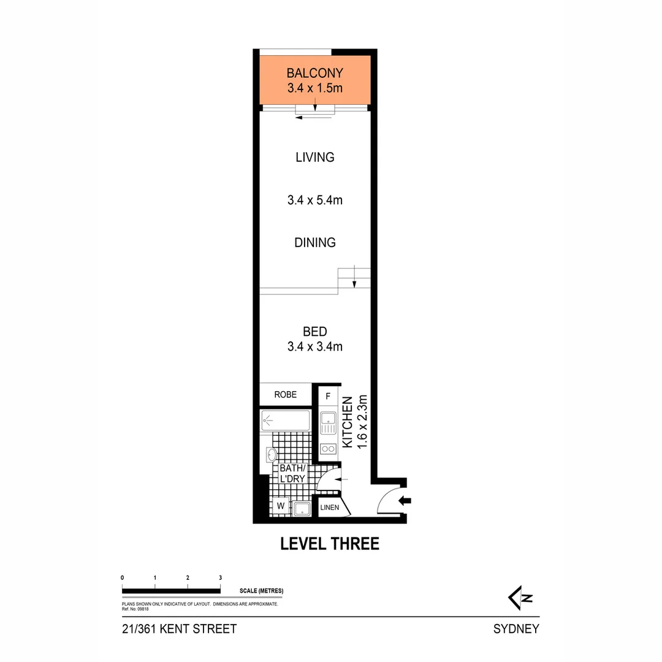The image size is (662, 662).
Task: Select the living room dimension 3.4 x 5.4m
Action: [x=314, y=200]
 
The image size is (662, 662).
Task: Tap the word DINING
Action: [x=314, y=243]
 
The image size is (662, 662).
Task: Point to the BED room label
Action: [x=314, y=332]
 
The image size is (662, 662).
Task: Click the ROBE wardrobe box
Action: [x=285, y=395]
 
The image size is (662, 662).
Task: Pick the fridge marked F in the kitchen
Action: [x=328, y=395]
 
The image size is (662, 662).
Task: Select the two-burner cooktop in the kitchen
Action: [x=328, y=448]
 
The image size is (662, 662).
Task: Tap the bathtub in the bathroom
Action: [x=286, y=420]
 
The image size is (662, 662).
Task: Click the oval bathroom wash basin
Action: [x=272, y=455]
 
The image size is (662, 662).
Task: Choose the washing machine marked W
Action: [x=281, y=506]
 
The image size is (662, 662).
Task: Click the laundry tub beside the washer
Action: [x=302, y=508]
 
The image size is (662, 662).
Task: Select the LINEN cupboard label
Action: [x=329, y=508]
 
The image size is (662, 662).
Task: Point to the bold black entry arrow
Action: [x=405, y=501]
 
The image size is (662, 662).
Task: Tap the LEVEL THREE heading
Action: [x=330, y=544]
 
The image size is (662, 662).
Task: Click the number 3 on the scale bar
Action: [x=220, y=577]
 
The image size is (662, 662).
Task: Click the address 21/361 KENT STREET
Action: [x=179, y=629]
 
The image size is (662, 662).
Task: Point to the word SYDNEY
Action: [x=516, y=629]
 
